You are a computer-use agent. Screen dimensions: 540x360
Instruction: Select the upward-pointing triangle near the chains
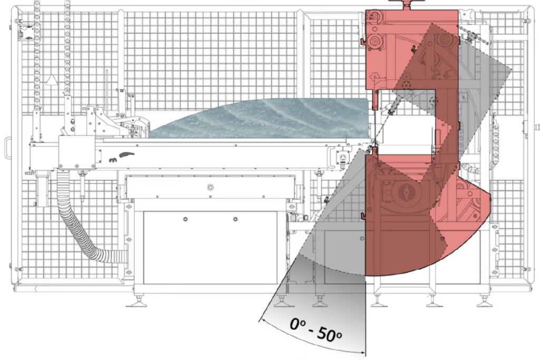(x=52, y=80)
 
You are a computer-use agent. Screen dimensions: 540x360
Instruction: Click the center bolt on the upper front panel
(x=210, y=187)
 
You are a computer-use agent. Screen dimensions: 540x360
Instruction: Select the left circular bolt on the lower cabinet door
(x=185, y=219)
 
